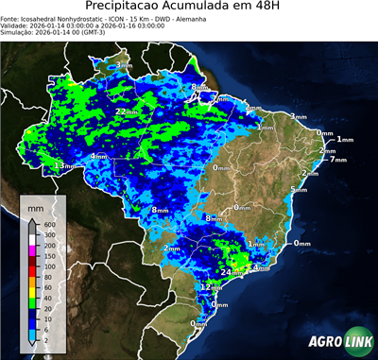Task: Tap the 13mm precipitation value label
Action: point(64,166)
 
